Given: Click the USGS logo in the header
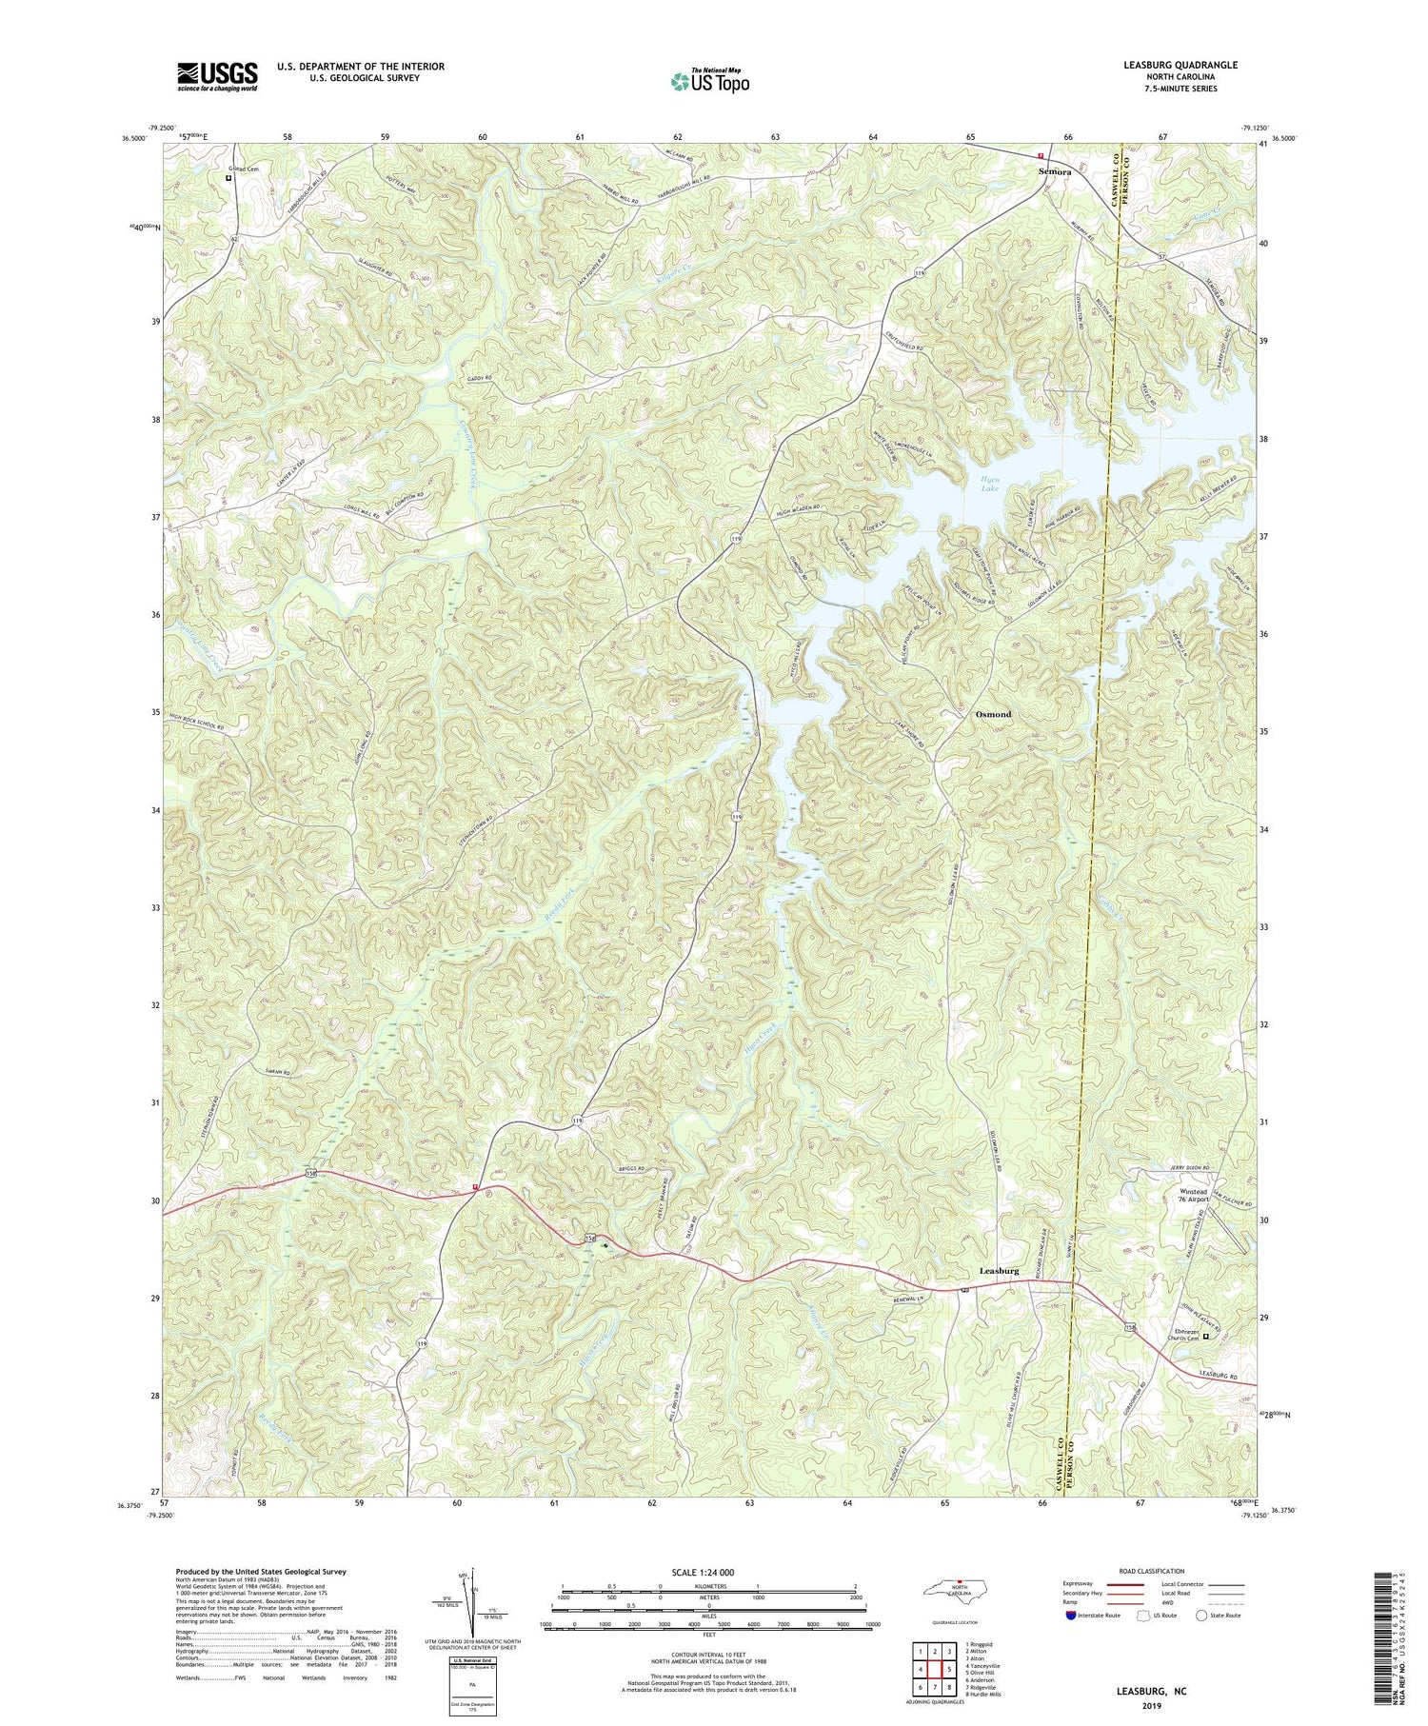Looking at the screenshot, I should (217, 76).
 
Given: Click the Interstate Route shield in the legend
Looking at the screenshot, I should (1071, 1616).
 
